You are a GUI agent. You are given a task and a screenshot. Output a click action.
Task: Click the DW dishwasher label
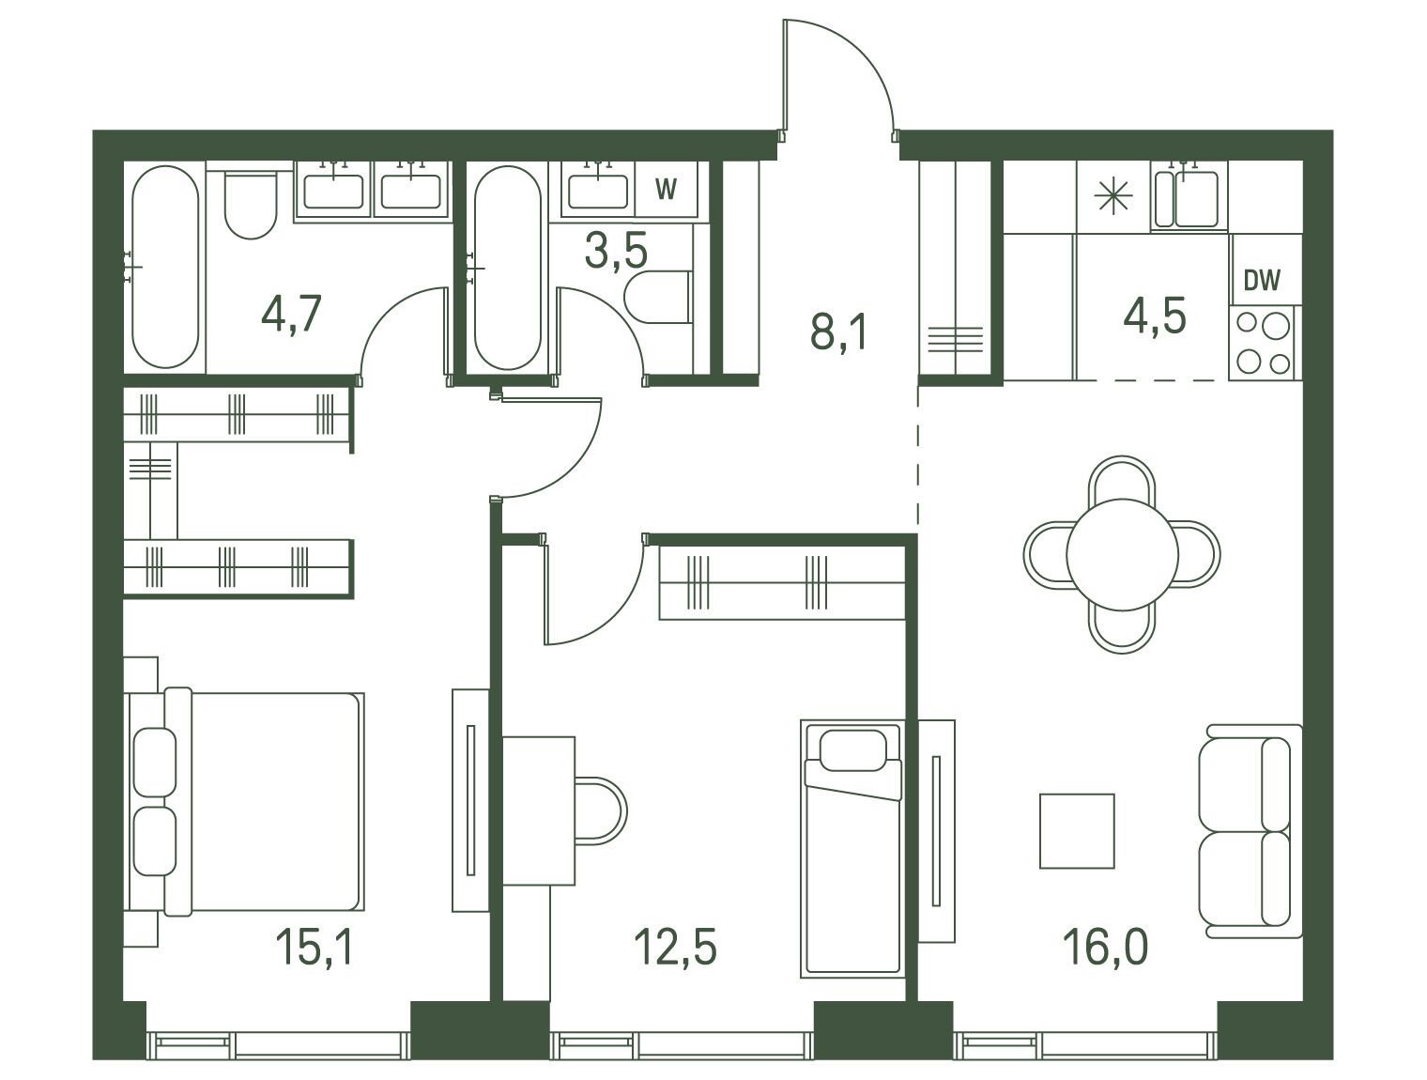1262,280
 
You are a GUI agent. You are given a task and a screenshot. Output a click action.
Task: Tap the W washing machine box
666,189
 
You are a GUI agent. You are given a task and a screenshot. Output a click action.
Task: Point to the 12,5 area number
675,947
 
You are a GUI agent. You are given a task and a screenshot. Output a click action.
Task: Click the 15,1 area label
315,947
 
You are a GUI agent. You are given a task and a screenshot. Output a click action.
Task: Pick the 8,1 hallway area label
838,332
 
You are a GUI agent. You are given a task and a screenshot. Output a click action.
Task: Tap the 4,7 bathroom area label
291,313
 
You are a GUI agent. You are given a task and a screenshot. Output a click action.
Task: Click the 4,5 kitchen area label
1155,316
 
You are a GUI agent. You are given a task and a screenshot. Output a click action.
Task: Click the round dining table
1122,555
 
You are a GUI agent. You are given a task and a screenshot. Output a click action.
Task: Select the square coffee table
1077,831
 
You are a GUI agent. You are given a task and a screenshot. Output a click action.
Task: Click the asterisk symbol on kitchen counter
1113,195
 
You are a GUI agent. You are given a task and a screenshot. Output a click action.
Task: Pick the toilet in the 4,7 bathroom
251,204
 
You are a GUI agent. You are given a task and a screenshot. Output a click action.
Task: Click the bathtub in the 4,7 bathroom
165,268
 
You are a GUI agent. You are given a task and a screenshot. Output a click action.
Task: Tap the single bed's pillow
853,750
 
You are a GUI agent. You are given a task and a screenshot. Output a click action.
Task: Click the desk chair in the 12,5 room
601,810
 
